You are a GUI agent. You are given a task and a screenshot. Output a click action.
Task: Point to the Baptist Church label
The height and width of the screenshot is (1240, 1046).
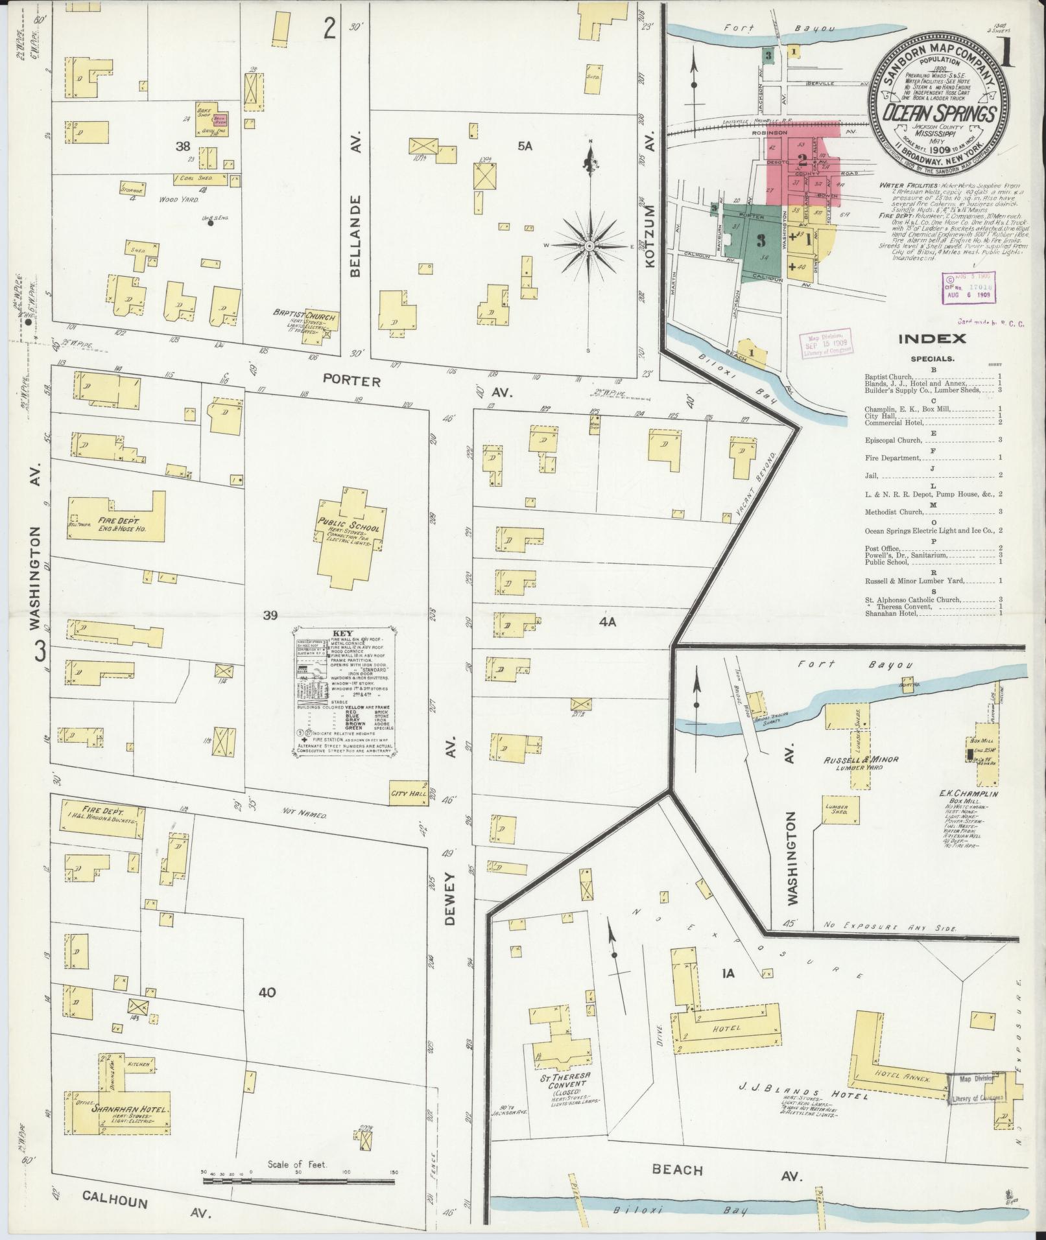pos(303,317)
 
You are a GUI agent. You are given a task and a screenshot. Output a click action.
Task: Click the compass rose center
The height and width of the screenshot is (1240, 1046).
pos(589,247)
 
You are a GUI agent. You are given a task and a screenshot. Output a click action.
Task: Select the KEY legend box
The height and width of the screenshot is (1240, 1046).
pos(344,690)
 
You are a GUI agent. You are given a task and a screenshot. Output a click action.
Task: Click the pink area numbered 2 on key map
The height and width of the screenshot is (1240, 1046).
pos(802,158)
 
